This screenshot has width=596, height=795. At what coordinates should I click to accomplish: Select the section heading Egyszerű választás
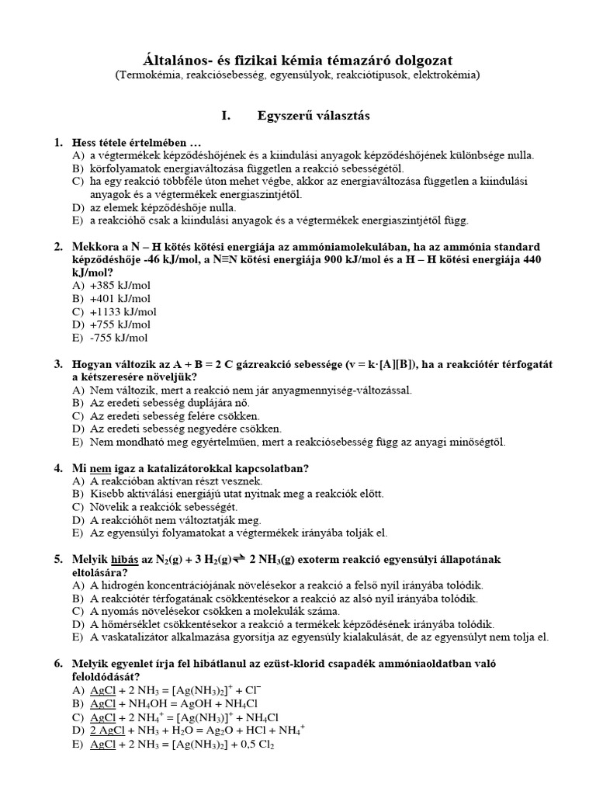pos(314,116)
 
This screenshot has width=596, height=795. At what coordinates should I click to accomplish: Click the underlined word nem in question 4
pos(101,468)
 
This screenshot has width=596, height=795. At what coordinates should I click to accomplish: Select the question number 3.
pos(57,363)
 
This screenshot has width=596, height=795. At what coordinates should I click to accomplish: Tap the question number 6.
pos(57,664)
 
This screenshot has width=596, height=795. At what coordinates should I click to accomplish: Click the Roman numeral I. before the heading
pos(227,116)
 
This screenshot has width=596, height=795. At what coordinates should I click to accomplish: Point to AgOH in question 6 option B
pos(201,704)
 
